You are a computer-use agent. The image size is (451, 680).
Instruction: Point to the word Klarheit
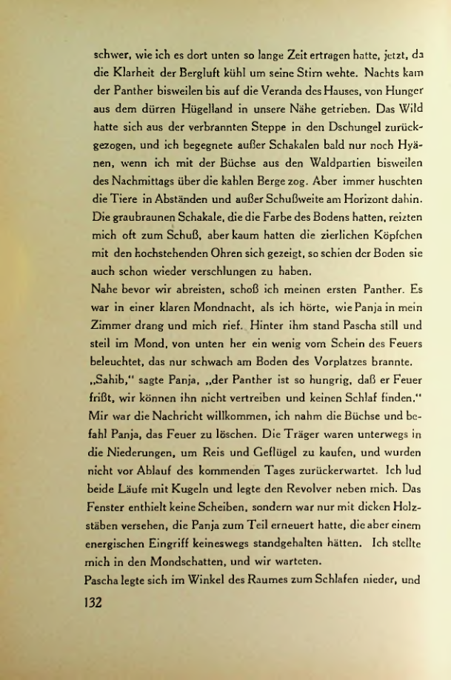tap(130, 73)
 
